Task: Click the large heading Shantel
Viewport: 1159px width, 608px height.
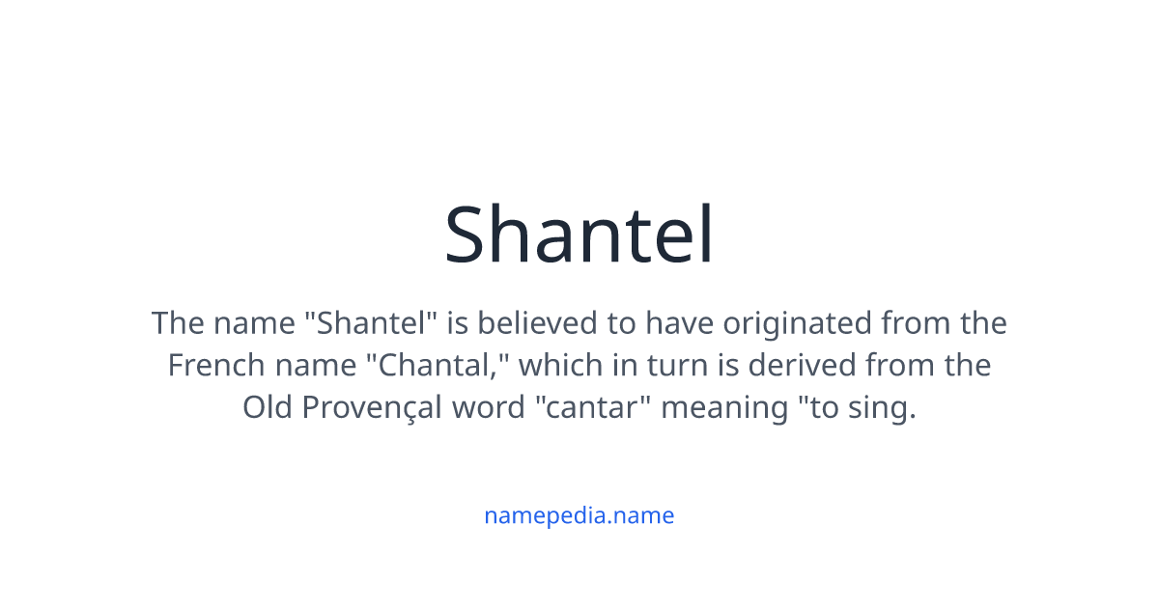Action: (579, 235)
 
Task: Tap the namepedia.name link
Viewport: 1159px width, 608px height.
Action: (579, 515)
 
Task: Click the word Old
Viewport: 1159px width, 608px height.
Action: (269, 408)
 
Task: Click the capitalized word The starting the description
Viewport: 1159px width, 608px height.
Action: (179, 323)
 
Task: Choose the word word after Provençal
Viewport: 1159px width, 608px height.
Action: (488, 408)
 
